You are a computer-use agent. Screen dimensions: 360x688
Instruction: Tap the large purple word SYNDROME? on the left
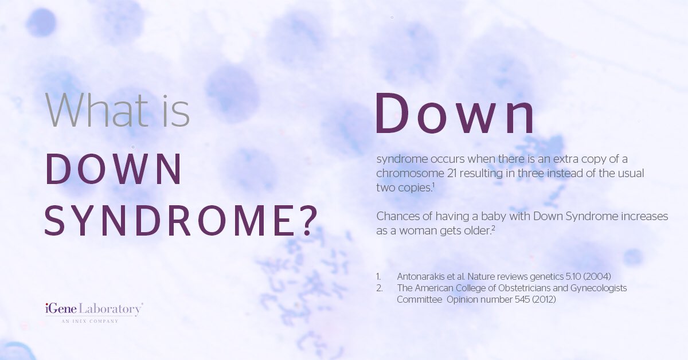click(x=179, y=221)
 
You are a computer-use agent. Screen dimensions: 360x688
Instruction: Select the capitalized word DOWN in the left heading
click(x=114, y=169)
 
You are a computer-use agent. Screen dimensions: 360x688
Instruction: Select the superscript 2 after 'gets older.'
click(x=493, y=228)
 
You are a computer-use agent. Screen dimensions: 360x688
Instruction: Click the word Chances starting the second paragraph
click(x=398, y=217)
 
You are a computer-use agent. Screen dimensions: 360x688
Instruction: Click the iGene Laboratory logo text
click(x=93, y=309)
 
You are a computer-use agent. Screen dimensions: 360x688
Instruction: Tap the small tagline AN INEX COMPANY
click(x=90, y=321)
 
